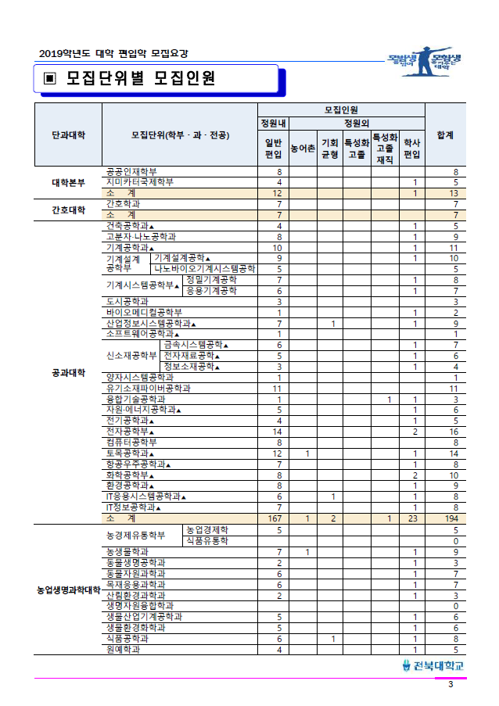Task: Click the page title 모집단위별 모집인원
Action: click(x=141, y=79)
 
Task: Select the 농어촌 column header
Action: click(x=303, y=147)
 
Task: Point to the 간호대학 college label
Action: click(x=68, y=209)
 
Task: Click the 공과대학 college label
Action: click(x=68, y=371)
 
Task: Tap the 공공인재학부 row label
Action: click(x=131, y=171)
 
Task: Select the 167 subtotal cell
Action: click(x=275, y=518)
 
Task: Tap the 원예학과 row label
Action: click(x=125, y=649)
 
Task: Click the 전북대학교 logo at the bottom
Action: click(x=433, y=665)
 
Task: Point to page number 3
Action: click(x=451, y=685)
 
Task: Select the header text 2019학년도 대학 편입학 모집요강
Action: click(x=113, y=54)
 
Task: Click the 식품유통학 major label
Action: click(x=207, y=540)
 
